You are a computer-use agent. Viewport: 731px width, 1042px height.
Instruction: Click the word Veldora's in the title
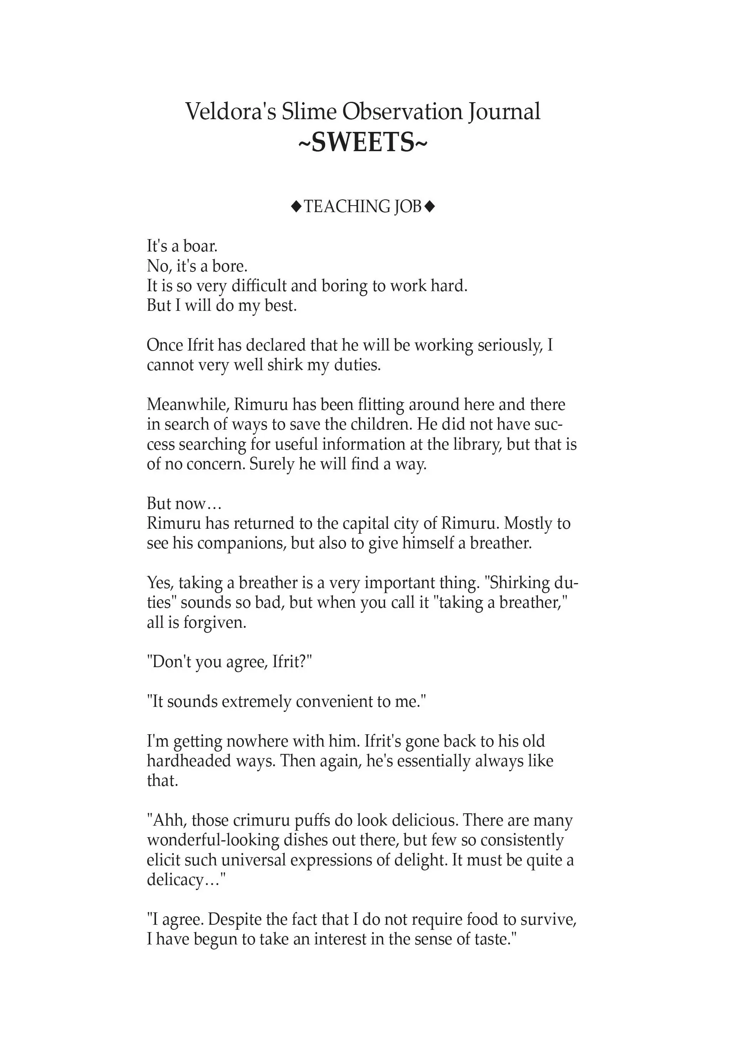click(x=230, y=112)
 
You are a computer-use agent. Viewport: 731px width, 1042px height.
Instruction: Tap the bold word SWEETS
click(x=363, y=143)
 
